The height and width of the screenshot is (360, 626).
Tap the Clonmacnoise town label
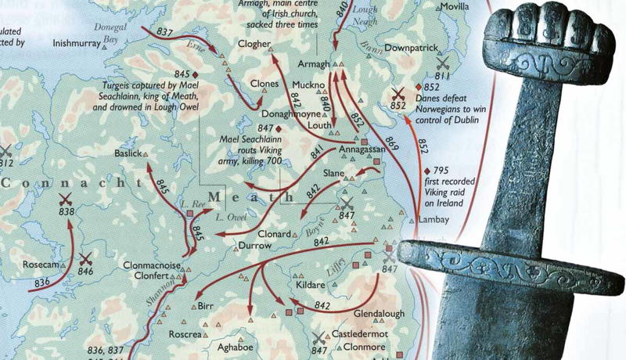(153, 266)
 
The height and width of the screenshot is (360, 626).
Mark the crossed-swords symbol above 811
(443, 62)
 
